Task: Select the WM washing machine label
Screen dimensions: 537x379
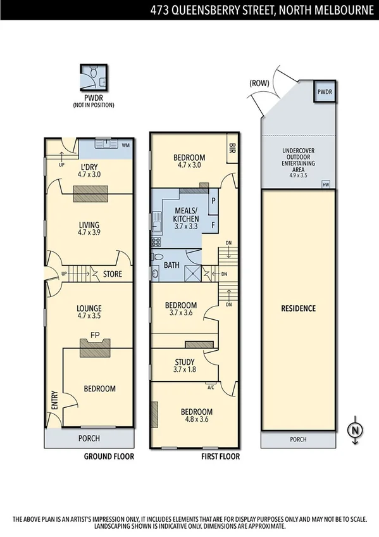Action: (125, 145)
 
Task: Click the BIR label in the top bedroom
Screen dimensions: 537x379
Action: (230, 148)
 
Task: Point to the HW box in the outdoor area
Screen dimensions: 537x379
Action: (326, 184)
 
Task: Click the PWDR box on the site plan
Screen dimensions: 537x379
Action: (325, 92)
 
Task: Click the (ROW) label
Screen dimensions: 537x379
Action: (259, 82)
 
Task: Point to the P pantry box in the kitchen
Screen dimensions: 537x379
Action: (213, 199)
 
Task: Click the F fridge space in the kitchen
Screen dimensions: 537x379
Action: (213, 224)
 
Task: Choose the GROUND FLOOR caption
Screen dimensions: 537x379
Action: (109, 455)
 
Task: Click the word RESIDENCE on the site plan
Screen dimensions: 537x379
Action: (298, 308)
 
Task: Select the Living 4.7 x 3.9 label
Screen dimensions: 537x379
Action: (90, 229)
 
